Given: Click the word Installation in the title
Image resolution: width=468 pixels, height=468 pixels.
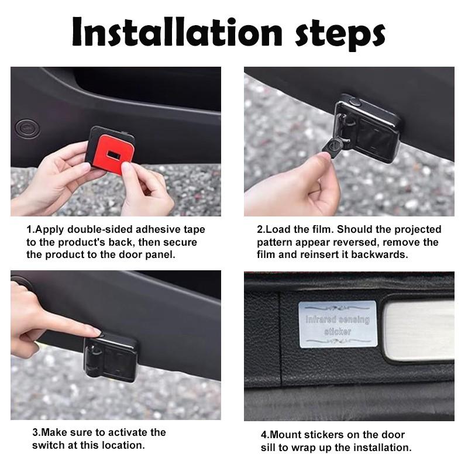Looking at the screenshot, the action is pyautogui.click(x=177, y=32).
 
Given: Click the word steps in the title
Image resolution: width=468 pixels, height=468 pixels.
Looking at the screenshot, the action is pyautogui.click(x=340, y=35).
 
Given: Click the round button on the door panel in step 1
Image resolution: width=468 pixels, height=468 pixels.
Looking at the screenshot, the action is pyautogui.click(x=27, y=129).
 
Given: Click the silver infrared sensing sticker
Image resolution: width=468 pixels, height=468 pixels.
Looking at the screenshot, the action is pyautogui.click(x=338, y=325).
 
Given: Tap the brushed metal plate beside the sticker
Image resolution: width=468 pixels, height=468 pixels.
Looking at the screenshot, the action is pyautogui.click(x=418, y=329).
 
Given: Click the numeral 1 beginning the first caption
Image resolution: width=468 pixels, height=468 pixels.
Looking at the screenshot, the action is pyautogui.click(x=29, y=229).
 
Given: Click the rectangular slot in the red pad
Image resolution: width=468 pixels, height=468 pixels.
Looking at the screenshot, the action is pyautogui.click(x=113, y=154).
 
